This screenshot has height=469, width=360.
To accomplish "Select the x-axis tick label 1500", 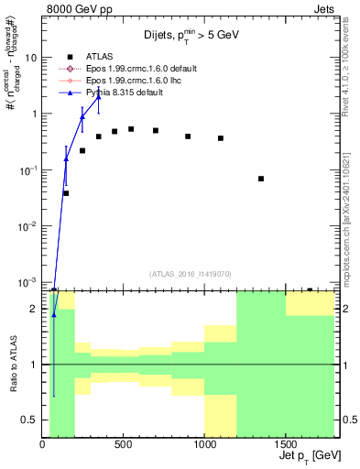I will point(285,444).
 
